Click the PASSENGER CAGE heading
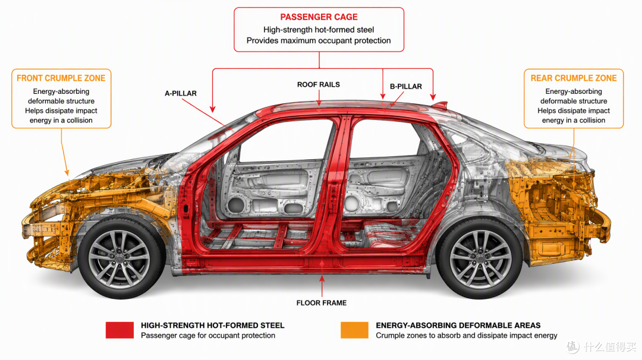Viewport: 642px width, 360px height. (x=319, y=17)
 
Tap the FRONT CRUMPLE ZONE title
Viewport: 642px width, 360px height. (x=61, y=78)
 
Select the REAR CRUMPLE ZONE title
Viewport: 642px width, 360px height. (x=574, y=78)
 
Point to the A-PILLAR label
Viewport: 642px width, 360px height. (x=181, y=93)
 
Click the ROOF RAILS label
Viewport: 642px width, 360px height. (x=319, y=85)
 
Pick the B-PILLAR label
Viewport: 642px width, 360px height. (x=406, y=87)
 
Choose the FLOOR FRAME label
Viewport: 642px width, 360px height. (x=322, y=303)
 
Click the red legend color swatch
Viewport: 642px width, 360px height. (x=119, y=330)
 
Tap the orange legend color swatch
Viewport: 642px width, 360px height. (x=354, y=330)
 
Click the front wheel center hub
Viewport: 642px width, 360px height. (x=119, y=258)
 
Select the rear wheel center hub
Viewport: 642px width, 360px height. (x=480, y=258)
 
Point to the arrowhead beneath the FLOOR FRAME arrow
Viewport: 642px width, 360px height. (x=322, y=279)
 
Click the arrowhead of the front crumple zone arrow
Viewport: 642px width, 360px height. (x=67, y=173)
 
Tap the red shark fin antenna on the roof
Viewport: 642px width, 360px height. (x=439, y=105)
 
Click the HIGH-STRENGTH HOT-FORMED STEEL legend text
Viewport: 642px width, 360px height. (x=212, y=326)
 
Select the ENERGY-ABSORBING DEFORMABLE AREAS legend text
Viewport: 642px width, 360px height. (x=458, y=326)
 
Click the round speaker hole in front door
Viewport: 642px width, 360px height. (x=235, y=204)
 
